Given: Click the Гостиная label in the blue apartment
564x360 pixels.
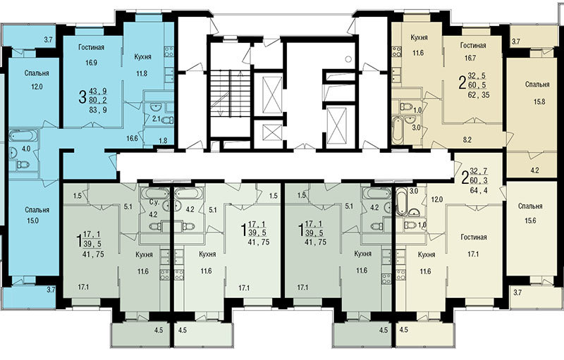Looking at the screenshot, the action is [x=92, y=47].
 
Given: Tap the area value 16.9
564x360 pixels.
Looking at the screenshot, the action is [x=92, y=63].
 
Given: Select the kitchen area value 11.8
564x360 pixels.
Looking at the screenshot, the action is [x=142, y=74].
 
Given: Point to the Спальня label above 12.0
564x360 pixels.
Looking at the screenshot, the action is [x=37, y=73].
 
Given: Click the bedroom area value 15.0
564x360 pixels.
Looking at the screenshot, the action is [x=32, y=221].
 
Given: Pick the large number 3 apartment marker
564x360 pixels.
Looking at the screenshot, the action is [x=82, y=97].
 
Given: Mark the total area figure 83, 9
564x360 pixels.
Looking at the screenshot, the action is [x=98, y=110].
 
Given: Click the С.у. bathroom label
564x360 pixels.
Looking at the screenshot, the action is [x=154, y=202].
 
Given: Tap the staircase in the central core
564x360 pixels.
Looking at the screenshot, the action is [x=226, y=94].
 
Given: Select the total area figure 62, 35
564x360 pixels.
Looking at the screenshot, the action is [x=479, y=95].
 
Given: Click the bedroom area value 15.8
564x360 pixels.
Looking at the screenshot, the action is [x=539, y=101].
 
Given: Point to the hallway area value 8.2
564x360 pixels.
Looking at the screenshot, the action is [x=467, y=140].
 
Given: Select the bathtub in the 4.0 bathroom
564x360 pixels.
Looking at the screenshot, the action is [x=23, y=136].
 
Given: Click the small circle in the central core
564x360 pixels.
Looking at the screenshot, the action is [x=348, y=58].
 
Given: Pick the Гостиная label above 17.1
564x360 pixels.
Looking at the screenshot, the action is [x=473, y=237].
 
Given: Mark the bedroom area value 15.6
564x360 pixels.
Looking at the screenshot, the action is [x=530, y=221].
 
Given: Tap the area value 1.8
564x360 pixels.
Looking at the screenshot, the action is [x=163, y=141].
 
